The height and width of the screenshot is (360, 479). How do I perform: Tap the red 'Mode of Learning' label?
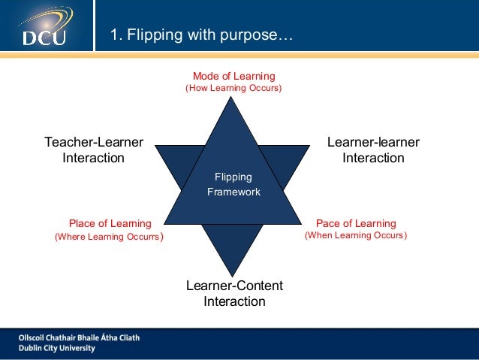233,76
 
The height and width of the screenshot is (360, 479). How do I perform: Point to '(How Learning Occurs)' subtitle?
233,89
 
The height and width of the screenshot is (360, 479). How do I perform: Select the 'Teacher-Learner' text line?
94,142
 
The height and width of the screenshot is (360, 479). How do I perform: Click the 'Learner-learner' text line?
373,142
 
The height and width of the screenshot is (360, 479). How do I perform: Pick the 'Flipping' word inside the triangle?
233,177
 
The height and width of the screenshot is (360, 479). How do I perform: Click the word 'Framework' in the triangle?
233,192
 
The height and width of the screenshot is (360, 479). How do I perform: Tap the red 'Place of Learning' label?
110,223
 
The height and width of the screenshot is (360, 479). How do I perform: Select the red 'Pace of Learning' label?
356,223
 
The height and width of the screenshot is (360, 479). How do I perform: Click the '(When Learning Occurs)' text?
356,236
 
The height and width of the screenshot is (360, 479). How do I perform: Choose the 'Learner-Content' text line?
234,286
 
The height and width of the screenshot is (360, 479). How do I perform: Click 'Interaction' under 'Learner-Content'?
234,301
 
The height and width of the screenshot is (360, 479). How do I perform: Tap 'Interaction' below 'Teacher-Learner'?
94,158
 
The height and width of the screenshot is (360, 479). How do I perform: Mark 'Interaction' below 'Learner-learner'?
373,158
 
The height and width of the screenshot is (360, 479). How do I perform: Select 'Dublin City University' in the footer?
58,348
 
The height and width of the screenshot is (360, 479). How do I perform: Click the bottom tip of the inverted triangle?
233,277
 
